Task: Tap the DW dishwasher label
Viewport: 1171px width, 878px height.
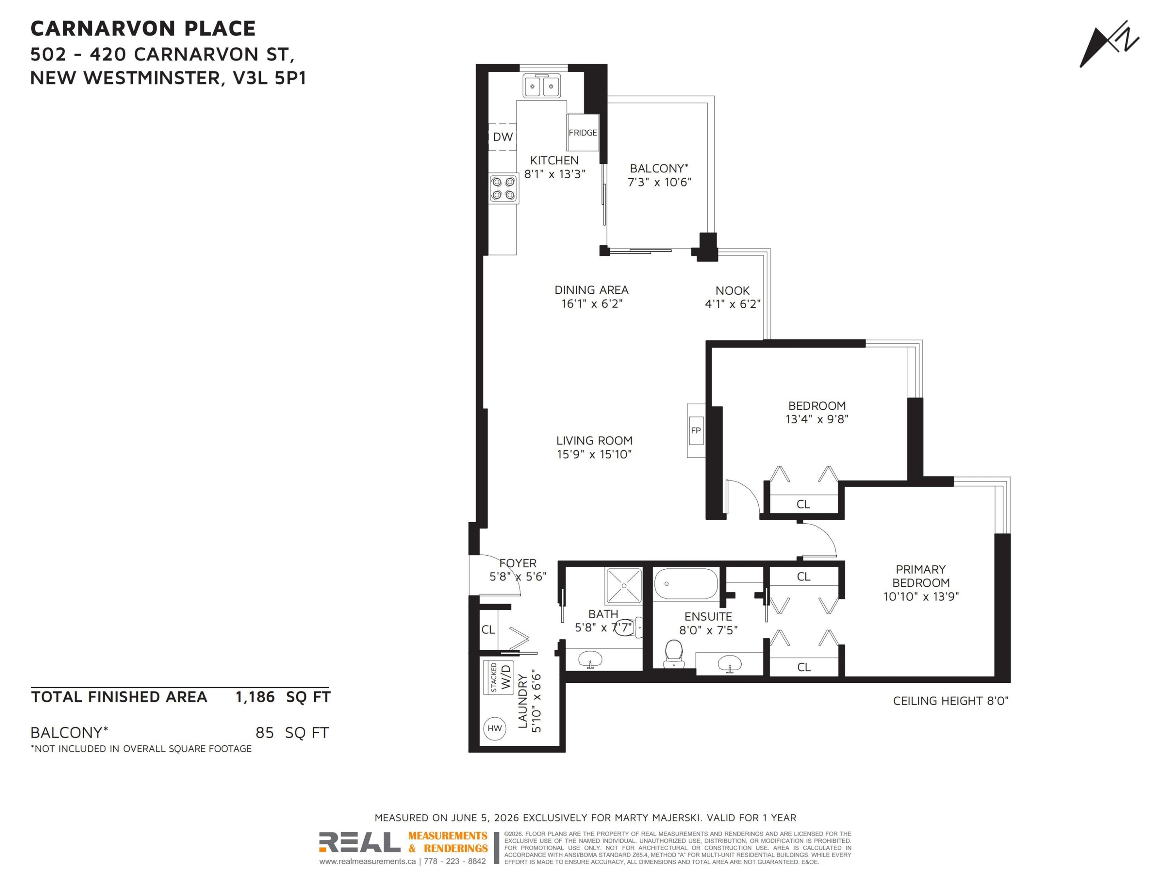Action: pyautogui.click(x=502, y=137)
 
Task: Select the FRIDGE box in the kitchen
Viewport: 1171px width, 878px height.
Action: pyautogui.click(x=583, y=132)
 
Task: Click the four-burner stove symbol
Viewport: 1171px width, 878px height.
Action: pyautogui.click(x=504, y=189)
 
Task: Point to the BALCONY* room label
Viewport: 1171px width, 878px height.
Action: pyautogui.click(x=659, y=168)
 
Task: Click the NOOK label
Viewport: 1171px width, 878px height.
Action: pyautogui.click(x=732, y=291)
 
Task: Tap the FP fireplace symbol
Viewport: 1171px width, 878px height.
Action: pyautogui.click(x=696, y=430)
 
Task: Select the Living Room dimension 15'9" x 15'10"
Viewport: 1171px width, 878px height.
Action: pyautogui.click(x=594, y=454)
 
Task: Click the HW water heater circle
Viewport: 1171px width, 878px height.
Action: pyautogui.click(x=495, y=728)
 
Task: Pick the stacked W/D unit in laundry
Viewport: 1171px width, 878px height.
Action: pyautogui.click(x=499, y=678)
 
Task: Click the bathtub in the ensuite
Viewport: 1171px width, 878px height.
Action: pyautogui.click(x=685, y=584)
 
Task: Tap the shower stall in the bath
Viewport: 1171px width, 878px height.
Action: pyautogui.click(x=624, y=585)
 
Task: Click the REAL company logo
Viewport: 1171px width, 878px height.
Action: pyautogui.click(x=359, y=842)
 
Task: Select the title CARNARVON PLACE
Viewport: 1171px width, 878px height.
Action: pyautogui.click(x=143, y=28)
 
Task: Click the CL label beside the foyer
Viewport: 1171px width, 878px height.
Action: pyautogui.click(x=488, y=630)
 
